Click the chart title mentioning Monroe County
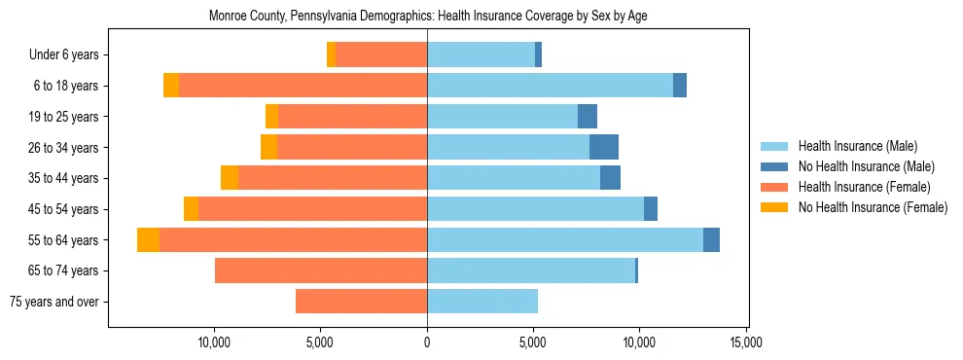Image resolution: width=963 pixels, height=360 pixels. pos(428,16)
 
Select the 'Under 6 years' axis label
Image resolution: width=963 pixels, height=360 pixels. pos(70,55)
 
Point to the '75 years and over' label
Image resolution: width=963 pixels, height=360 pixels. pos(58,302)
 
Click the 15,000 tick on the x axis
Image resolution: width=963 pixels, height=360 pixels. pos(746,342)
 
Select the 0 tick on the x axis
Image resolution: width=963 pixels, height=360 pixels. pos(427,342)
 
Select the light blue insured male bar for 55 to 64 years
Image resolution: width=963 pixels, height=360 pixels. pos(565,240)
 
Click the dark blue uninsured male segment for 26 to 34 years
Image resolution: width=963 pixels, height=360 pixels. pos(604,148)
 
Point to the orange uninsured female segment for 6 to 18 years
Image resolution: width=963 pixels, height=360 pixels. pos(171,86)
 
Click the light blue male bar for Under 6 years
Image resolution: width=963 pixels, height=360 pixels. pos(481,55)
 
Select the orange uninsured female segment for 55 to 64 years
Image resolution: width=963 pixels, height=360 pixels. pos(148,240)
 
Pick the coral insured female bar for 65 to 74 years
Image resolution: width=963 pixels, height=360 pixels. pos(321,270)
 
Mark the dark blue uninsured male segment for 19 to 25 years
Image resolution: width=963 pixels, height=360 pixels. pos(588,117)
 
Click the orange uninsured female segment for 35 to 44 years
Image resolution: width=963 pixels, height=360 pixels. pos(230,178)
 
